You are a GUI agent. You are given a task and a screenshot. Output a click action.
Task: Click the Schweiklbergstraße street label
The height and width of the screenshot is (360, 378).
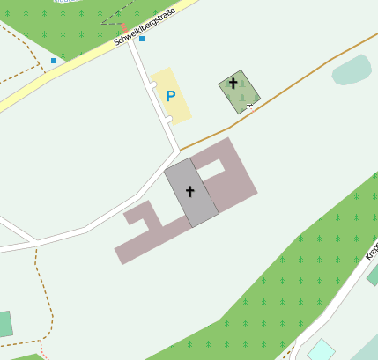145,27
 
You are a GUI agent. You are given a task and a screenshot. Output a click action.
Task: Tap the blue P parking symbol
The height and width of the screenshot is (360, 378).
171,97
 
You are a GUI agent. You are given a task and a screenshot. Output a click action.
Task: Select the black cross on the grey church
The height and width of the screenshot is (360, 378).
189,191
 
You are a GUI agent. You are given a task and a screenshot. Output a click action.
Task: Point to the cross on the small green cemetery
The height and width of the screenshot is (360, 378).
233,84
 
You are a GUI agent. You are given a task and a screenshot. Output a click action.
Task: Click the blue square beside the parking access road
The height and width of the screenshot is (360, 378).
141,39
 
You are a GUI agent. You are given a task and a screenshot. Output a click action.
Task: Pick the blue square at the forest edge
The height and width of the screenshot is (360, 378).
54,61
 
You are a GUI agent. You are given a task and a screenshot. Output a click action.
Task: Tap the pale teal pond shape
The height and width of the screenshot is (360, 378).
352,70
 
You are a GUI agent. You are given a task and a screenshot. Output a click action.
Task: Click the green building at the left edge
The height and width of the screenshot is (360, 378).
4,324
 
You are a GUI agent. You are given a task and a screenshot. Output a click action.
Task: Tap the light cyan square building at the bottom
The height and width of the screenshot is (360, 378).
321,349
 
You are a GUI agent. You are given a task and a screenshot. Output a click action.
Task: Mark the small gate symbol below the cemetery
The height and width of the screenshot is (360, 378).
249,106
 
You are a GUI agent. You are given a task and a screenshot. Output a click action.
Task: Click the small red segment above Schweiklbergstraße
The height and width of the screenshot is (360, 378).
123,26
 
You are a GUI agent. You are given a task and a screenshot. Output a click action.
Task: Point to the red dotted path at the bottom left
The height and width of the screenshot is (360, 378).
43,350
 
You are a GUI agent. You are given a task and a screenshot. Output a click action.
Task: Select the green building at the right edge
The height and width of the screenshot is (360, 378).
373,276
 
